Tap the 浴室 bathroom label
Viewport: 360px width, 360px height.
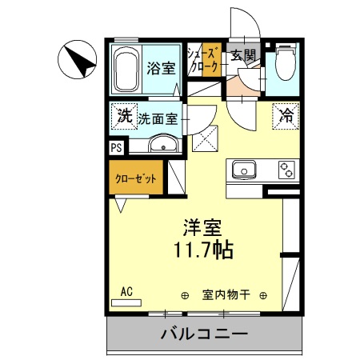click(x=161, y=69)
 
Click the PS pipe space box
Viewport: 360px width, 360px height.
click(x=117, y=147)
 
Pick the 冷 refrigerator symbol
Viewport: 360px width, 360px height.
click(x=286, y=114)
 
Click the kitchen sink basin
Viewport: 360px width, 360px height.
click(x=242, y=169)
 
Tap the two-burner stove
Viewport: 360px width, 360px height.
click(x=286, y=169)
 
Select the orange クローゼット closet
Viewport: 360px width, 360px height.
click(x=133, y=178)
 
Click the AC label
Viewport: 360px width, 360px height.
click(x=126, y=292)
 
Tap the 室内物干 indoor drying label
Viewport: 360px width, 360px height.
click(x=226, y=294)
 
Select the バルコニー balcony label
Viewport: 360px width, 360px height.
click(x=204, y=334)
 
